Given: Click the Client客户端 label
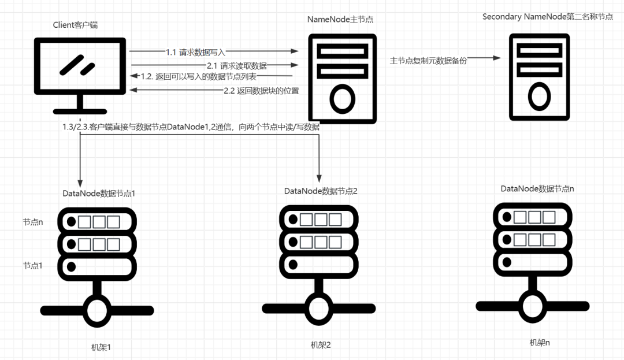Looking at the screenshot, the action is click(79, 25).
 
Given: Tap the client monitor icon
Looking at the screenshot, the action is click(79, 72).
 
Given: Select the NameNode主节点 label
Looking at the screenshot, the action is click(340, 19).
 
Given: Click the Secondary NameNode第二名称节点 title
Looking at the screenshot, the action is click(547, 17).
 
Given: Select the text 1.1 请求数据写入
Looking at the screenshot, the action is click(195, 52).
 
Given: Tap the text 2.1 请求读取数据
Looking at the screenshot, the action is click(237, 65).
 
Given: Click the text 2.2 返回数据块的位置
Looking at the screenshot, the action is click(261, 91).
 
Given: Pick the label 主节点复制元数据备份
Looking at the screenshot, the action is click(428, 60).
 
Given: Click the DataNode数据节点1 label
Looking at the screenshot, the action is click(99, 192).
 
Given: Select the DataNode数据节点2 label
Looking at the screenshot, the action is click(321, 191).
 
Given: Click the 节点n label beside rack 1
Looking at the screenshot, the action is click(33, 222).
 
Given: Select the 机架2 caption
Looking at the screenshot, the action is click(320, 345).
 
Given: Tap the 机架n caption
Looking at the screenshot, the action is click(540, 342).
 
